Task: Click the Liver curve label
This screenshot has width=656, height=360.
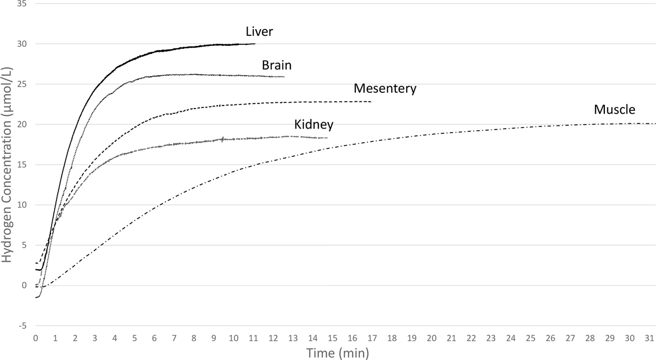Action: pos(259,32)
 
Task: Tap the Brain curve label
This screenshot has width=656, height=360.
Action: pos(277,66)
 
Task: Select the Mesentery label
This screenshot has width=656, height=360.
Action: pos(385,89)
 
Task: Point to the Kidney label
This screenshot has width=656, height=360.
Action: pos(314,125)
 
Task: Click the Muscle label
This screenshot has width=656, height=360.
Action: pos(614,110)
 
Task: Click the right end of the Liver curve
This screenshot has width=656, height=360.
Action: pos(254,44)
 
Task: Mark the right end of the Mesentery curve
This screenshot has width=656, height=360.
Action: pos(371,102)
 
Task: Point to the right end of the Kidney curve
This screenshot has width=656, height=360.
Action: pos(327,138)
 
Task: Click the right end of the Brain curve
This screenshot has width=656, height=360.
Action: pos(284,77)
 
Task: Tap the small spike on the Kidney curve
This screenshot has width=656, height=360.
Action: pos(223,139)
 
